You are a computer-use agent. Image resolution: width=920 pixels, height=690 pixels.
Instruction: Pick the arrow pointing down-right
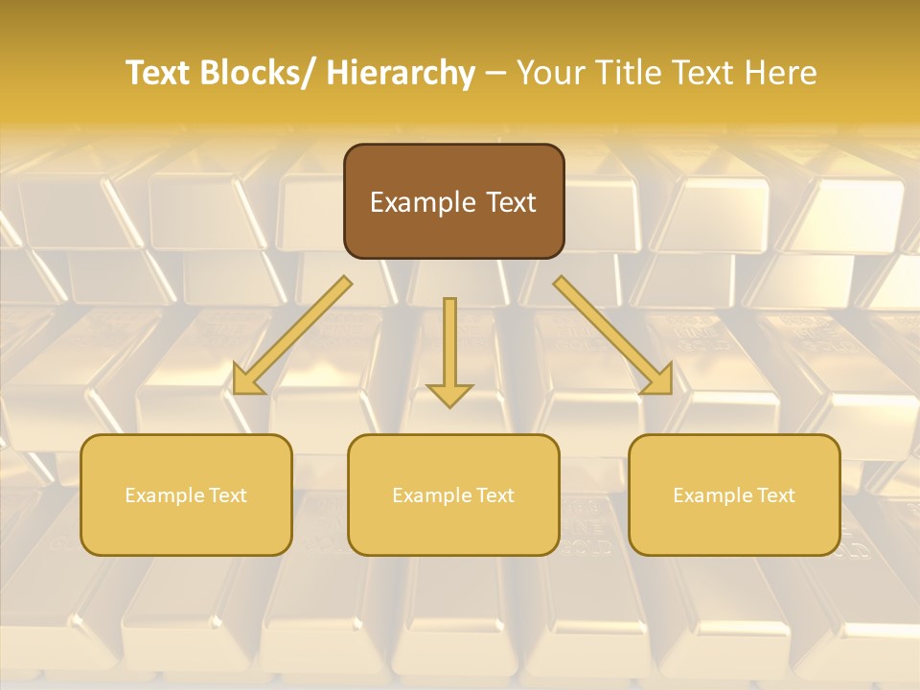point(613,335)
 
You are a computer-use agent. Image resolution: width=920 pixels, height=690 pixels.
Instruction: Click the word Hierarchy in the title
point(401,73)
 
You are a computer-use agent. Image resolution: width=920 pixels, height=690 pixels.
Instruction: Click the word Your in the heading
point(551,73)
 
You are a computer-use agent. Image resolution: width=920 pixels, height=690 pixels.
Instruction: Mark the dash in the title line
point(495,73)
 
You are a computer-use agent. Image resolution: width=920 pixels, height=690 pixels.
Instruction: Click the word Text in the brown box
point(509,202)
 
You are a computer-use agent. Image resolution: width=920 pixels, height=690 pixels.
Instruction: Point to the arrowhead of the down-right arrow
point(659,381)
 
